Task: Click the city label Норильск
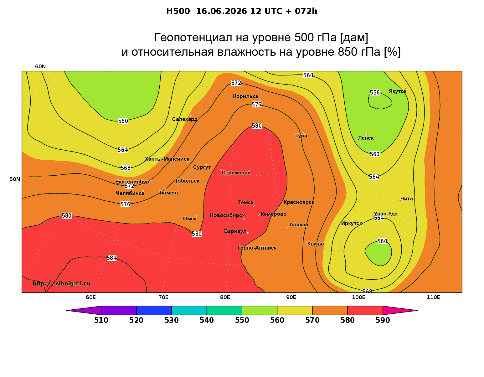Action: (x=245, y=96)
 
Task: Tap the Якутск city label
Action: (x=397, y=91)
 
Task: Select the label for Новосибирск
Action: (x=227, y=215)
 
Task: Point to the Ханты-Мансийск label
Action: (x=167, y=159)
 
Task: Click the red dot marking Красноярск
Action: (x=291, y=205)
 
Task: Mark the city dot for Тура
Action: (x=304, y=133)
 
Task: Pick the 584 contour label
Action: (x=111, y=258)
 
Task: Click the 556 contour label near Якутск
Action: (x=375, y=92)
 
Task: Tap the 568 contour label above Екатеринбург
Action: (x=126, y=168)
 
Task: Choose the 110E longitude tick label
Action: (x=433, y=297)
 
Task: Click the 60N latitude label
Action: (x=40, y=66)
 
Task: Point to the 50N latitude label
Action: (x=15, y=179)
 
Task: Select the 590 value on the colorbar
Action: (x=383, y=320)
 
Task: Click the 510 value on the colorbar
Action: (x=101, y=320)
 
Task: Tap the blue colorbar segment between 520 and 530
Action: (x=154, y=310)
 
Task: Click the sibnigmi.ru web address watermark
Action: (x=61, y=283)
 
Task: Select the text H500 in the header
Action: (x=178, y=11)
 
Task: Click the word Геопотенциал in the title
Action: (x=193, y=37)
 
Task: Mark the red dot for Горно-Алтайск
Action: (x=260, y=245)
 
